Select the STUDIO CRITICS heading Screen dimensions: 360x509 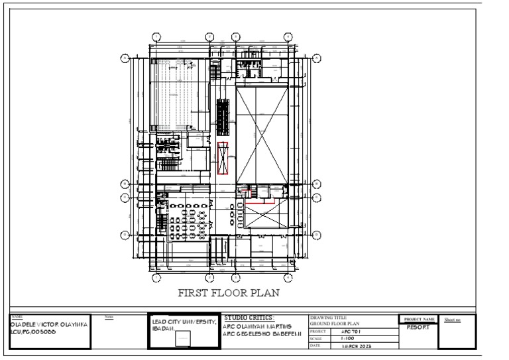tap(249, 318)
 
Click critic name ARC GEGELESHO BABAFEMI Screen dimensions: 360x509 tap(263, 333)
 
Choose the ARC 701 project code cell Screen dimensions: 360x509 tap(351, 330)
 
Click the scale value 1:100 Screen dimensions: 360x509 tap(347, 337)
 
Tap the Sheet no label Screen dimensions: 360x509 tap(452, 320)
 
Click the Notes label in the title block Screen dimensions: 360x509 tap(110, 318)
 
